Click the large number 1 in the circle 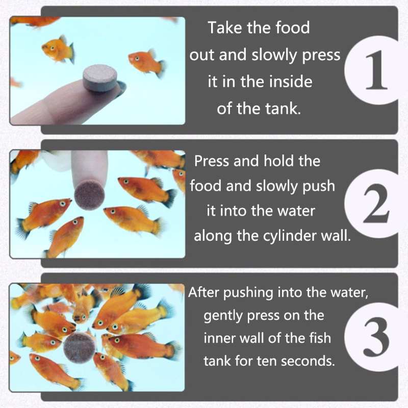376,70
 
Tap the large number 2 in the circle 376,203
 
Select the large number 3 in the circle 376,337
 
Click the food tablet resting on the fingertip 100,78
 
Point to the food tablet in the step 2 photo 90,195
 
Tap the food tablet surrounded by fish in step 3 80,347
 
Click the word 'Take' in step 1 225,28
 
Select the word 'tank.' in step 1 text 283,109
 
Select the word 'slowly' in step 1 274,55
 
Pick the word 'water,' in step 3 349,293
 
